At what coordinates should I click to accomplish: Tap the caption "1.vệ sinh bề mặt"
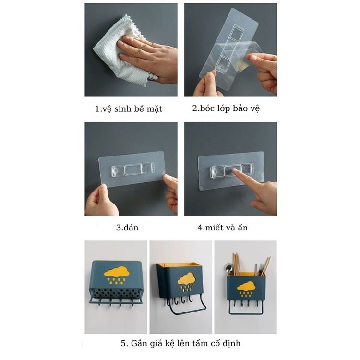pyautogui.click(x=129, y=108)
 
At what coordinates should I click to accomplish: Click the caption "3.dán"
pyautogui.click(x=127, y=228)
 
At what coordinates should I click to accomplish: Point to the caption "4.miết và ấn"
pyautogui.click(x=223, y=228)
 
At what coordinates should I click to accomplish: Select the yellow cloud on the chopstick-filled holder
pyautogui.click(x=245, y=288)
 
